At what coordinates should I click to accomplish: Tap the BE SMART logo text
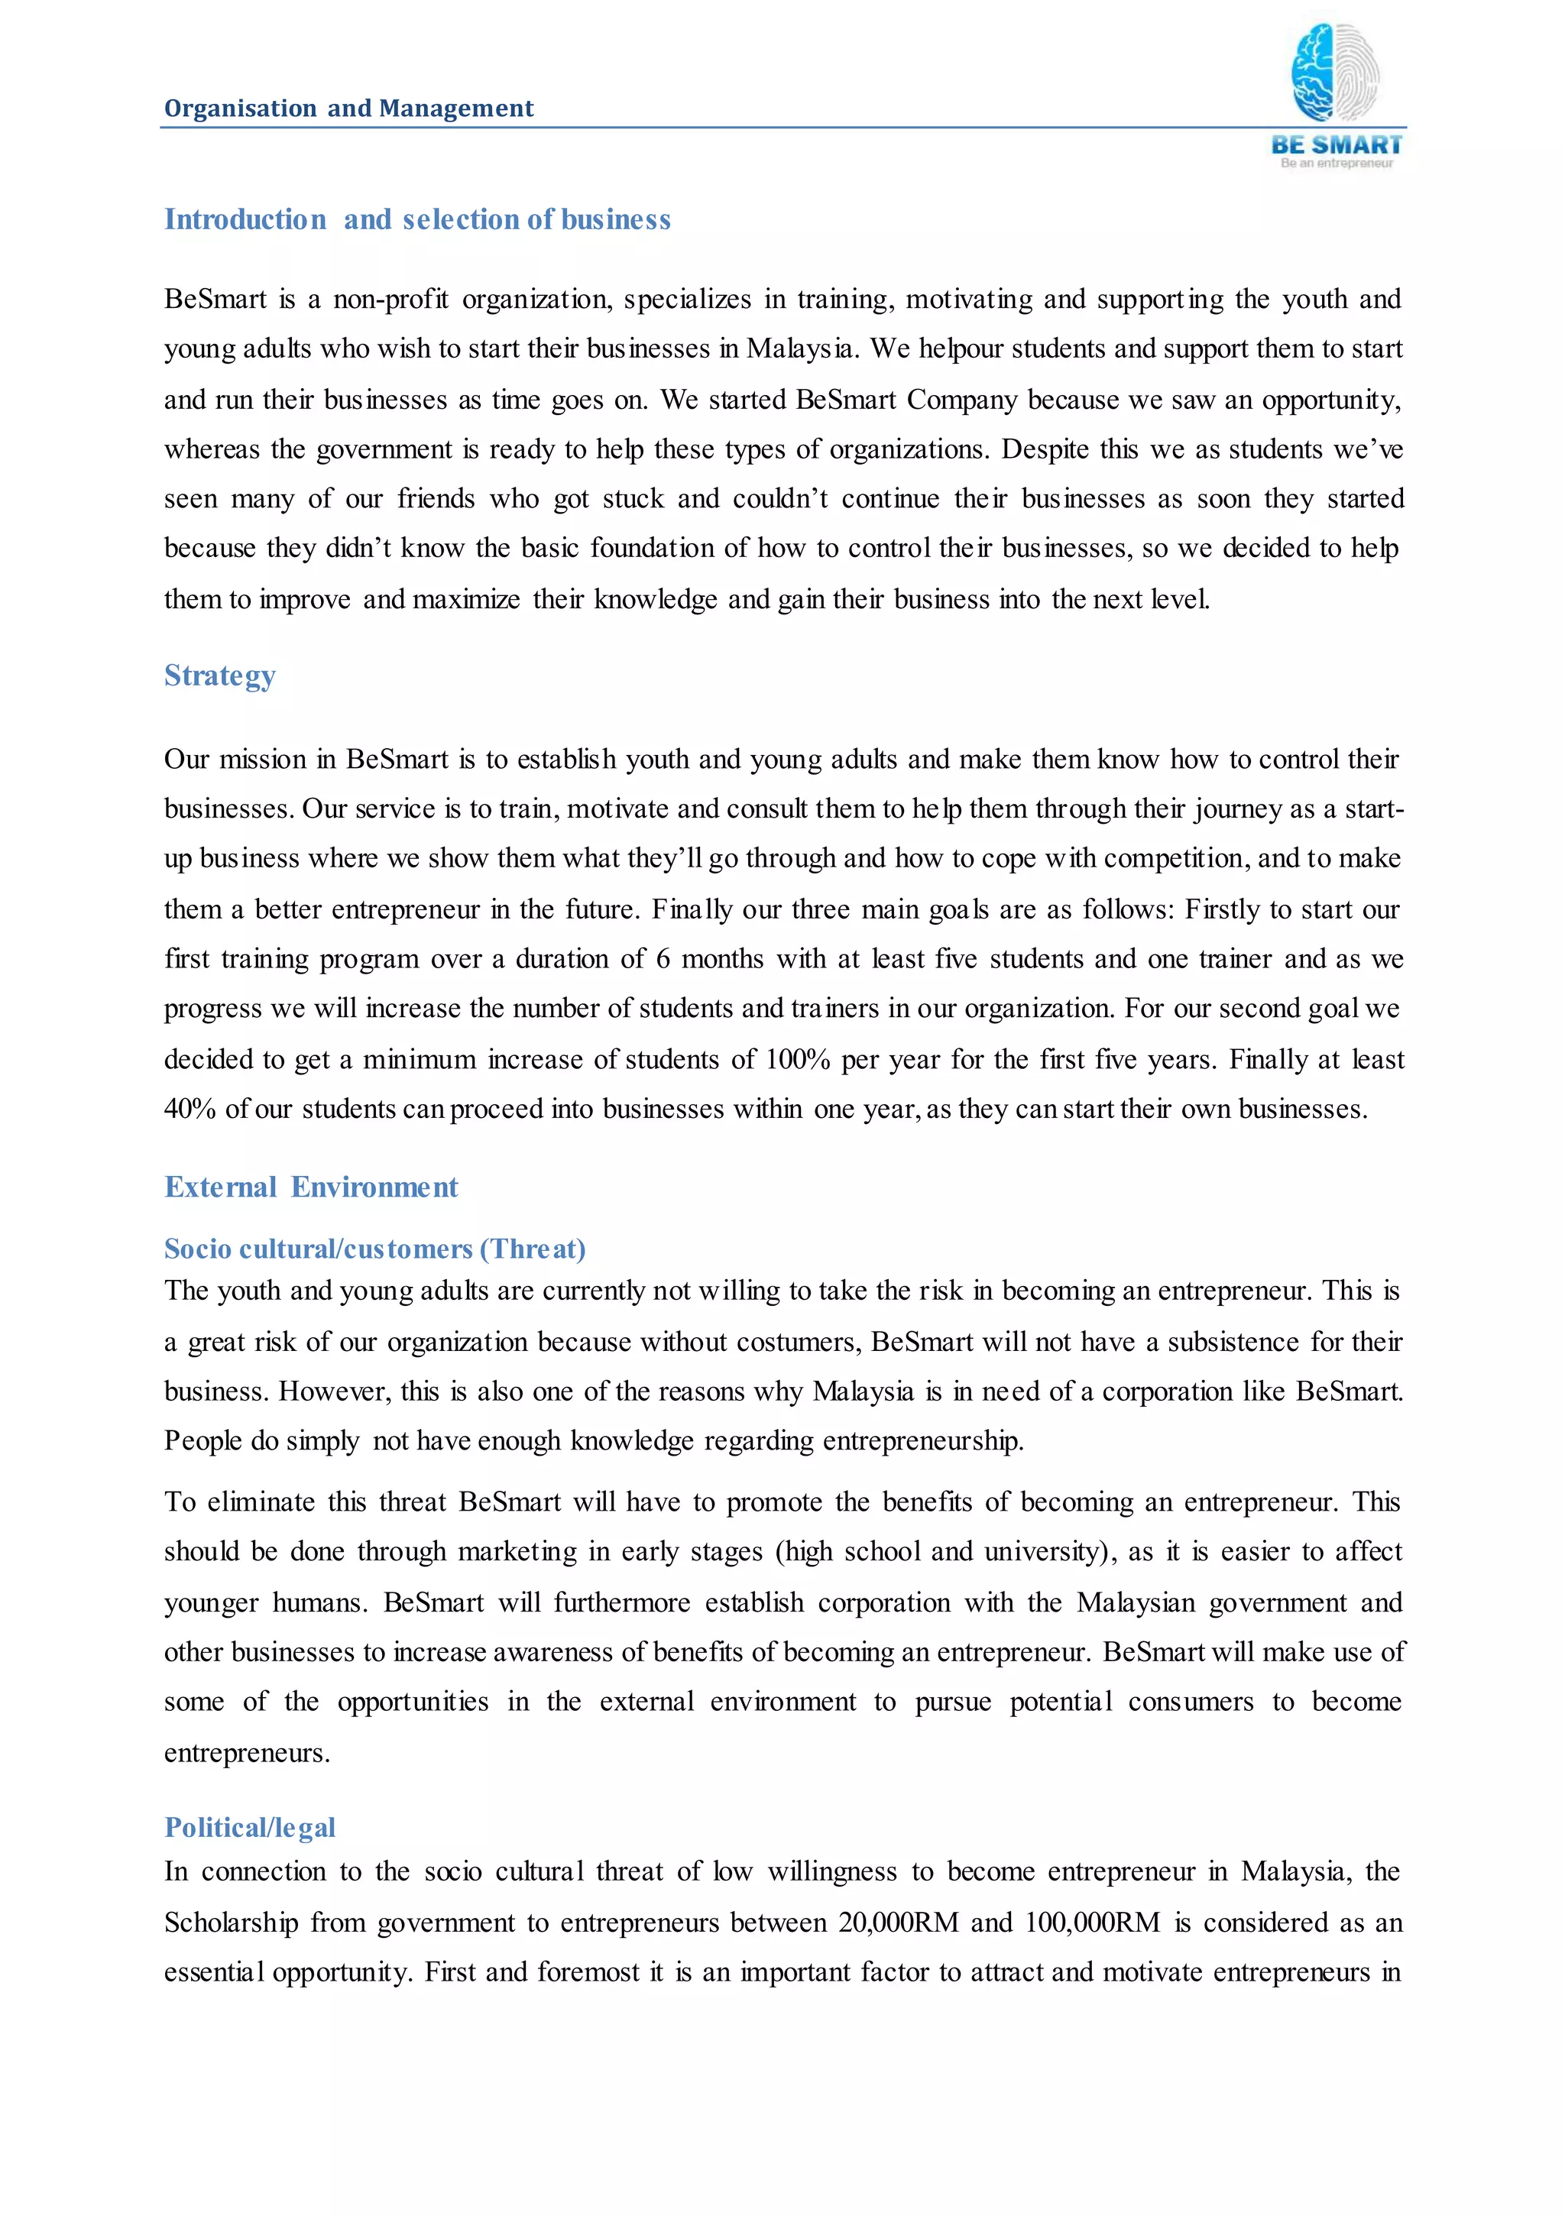[x=1337, y=144]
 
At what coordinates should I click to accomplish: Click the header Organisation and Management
[x=348, y=108]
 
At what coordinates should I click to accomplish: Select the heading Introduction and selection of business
[x=417, y=220]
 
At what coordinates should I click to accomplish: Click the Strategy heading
[x=220, y=675]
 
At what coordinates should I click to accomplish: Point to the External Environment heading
[x=311, y=1187]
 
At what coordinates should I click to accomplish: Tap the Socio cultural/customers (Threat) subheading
[x=374, y=1249]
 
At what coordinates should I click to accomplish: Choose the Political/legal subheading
[x=250, y=1827]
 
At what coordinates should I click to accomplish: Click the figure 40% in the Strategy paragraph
[x=190, y=1109]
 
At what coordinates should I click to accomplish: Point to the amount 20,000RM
[x=898, y=1923]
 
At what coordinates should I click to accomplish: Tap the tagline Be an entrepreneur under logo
[x=1337, y=164]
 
